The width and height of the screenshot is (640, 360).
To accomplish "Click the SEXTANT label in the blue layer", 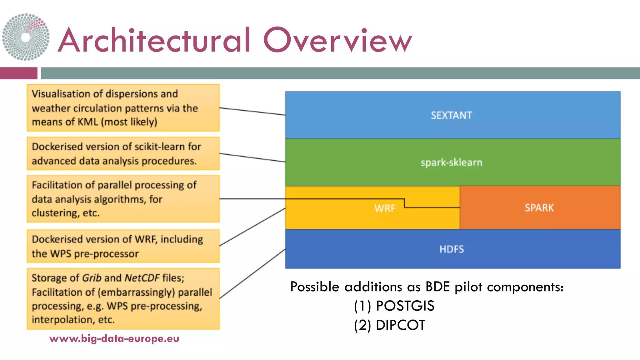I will tap(451, 115).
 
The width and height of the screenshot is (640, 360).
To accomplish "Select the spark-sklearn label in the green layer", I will tap(451, 162).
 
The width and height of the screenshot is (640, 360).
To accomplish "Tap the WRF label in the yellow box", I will tap(385, 208).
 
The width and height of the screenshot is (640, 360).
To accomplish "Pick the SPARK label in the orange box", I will tap(539, 208).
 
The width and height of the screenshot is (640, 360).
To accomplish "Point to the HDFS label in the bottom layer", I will tap(452, 249).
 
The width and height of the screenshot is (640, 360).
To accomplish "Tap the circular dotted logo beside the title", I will tap(26, 37).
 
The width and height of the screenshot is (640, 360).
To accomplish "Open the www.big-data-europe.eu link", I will tap(114, 338).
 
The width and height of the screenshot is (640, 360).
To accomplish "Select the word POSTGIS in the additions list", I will tap(405, 306).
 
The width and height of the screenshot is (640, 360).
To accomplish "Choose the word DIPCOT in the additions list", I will tap(400, 325).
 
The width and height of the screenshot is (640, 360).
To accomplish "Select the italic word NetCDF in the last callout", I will tap(142, 278).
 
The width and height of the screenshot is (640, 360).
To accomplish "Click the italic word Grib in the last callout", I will tap(92, 278).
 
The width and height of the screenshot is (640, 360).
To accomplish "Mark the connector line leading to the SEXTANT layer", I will tap(252, 111).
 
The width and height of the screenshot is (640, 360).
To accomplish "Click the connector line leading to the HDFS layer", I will tap(252, 273).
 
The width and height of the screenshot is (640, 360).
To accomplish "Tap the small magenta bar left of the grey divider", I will tap(18, 73).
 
